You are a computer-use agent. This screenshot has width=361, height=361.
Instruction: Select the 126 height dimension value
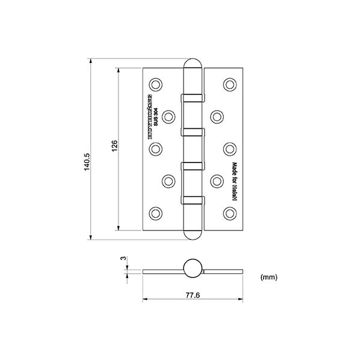pyautogui.click(x=115, y=148)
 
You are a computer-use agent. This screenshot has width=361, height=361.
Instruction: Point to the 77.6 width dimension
pyautogui.click(x=192, y=294)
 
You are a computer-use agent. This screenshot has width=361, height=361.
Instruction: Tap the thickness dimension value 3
pyautogui.click(x=123, y=259)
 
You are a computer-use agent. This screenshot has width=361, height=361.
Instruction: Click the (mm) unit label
pyautogui.click(x=268, y=277)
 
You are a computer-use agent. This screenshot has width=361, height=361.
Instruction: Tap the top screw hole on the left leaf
pyautogui.click(x=156, y=84)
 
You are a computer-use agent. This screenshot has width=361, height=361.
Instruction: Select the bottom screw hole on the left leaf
pyautogui.click(x=156, y=212)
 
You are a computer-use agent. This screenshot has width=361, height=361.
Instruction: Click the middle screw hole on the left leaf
pyautogui.click(x=156, y=148)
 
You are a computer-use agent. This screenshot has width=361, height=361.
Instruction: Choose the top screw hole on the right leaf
pyautogui.click(x=229, y=84)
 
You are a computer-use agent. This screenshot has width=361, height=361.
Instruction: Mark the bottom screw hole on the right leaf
pyautogui.click(x=229, y=212)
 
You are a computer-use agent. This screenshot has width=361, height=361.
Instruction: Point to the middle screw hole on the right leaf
pyautogui.click(x=229, y=148)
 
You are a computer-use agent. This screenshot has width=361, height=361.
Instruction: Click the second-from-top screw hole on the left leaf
pyautogui.click(x=168, y=116)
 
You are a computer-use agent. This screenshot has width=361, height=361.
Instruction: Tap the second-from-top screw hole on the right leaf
pyautogui.click(x=216, y=116)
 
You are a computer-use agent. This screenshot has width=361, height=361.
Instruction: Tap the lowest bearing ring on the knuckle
pyautogui.click(x=193, y=199)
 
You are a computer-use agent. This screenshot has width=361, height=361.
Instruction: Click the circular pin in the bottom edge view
pyautogui.click(x=193, y=268)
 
